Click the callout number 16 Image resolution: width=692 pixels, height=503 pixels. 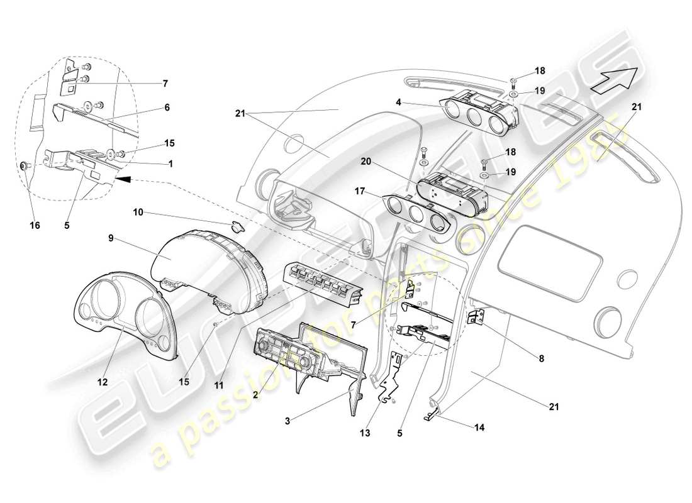click(35, 225)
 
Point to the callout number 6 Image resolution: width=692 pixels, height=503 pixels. click(167, 108)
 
